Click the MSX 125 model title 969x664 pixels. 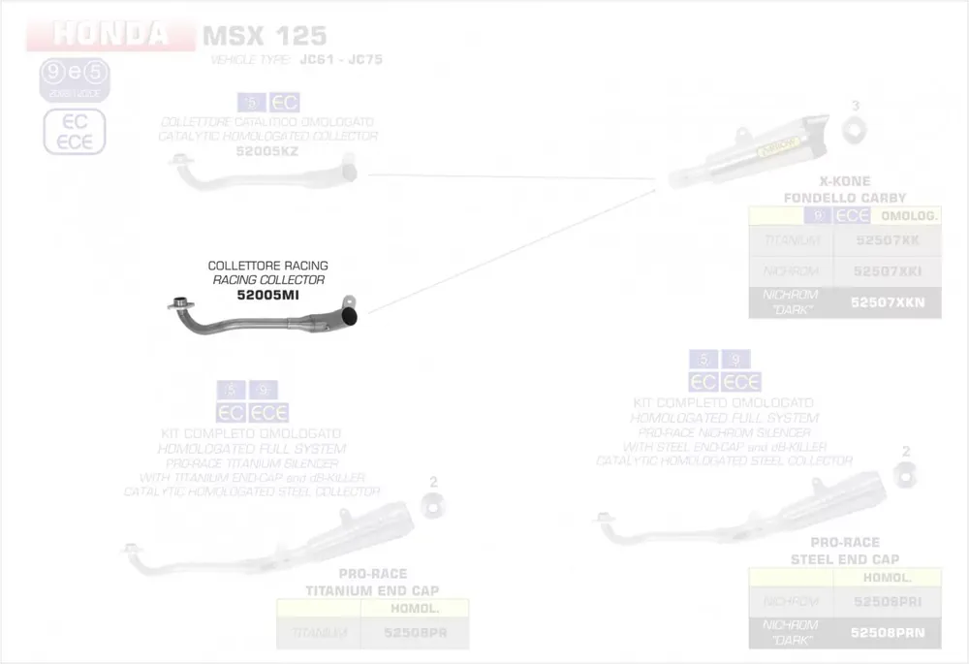[264, 37]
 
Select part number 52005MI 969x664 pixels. [268, 295]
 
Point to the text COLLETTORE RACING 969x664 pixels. [268, 266]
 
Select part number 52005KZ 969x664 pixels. [268, 151]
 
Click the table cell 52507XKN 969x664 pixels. [887, 302]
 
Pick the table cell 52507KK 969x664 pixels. [887, 239]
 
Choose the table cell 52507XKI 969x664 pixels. [887, 270]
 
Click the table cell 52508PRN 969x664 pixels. [887, 633]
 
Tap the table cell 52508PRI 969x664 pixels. [887, 602]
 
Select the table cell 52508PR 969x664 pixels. [415, 633]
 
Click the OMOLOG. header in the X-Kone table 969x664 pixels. [906, 215]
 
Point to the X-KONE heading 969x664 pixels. [844, 181]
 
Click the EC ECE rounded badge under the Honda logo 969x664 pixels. [75, 133]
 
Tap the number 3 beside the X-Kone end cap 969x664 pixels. [855, 105]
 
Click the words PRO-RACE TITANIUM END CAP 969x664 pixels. [372, 582]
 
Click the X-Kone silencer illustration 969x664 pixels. [766, 155]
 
